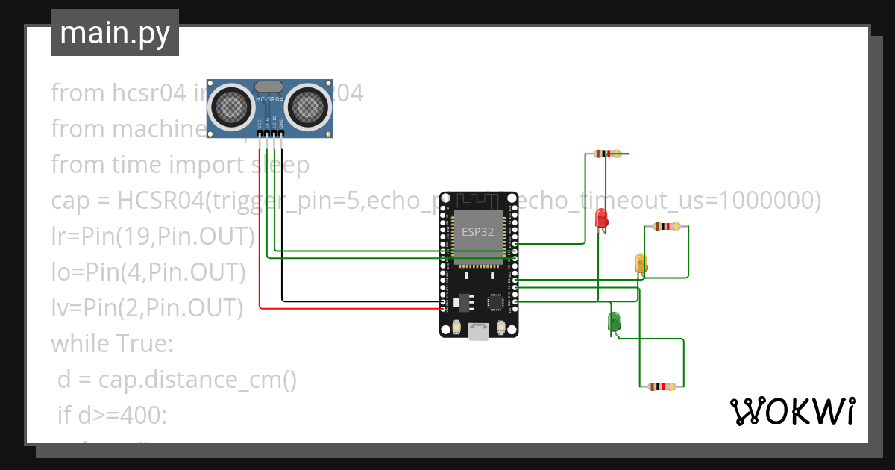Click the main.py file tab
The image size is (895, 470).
point(114,34)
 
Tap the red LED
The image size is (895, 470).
point(600,218)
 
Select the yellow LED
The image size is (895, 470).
point(641,263)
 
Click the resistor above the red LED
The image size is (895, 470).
point(608,154)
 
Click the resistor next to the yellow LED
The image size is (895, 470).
point(666,227)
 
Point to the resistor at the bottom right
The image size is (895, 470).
point(662,386)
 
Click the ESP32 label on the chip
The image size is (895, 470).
point(477,231)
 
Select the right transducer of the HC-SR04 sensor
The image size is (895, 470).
point(308,107)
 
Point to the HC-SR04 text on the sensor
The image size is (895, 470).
point(269,99)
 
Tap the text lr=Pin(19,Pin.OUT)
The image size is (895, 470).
point(153,236)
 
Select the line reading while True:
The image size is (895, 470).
point(112,344)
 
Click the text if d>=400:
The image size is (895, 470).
point(113,416)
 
